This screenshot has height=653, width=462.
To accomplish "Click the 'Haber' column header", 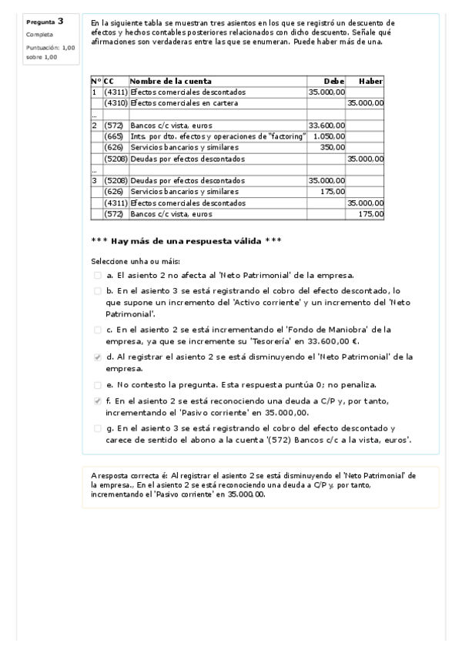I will (370, 81).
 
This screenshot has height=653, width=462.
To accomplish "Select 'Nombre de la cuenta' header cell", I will (171, 81).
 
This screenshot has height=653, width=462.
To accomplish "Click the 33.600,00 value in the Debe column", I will (326, 125).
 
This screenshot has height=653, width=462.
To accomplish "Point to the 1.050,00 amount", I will (331, 136).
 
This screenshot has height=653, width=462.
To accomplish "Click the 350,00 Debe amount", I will (333, 146).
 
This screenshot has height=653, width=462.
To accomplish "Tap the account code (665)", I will (115, 136).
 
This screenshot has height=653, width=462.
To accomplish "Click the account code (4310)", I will (115, 102).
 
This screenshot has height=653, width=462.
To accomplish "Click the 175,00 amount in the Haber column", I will (372, 213).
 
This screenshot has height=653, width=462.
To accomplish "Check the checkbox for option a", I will (97, 275).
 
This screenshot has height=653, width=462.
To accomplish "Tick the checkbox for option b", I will (97, 292).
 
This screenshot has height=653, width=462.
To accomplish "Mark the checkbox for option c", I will (97, 330).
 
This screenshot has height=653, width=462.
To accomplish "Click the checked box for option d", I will (97, 357).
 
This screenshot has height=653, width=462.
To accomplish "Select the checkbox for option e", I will (97, 384).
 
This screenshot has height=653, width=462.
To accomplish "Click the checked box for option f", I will (97, 401).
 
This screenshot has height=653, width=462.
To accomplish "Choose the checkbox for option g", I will (97, 428).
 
